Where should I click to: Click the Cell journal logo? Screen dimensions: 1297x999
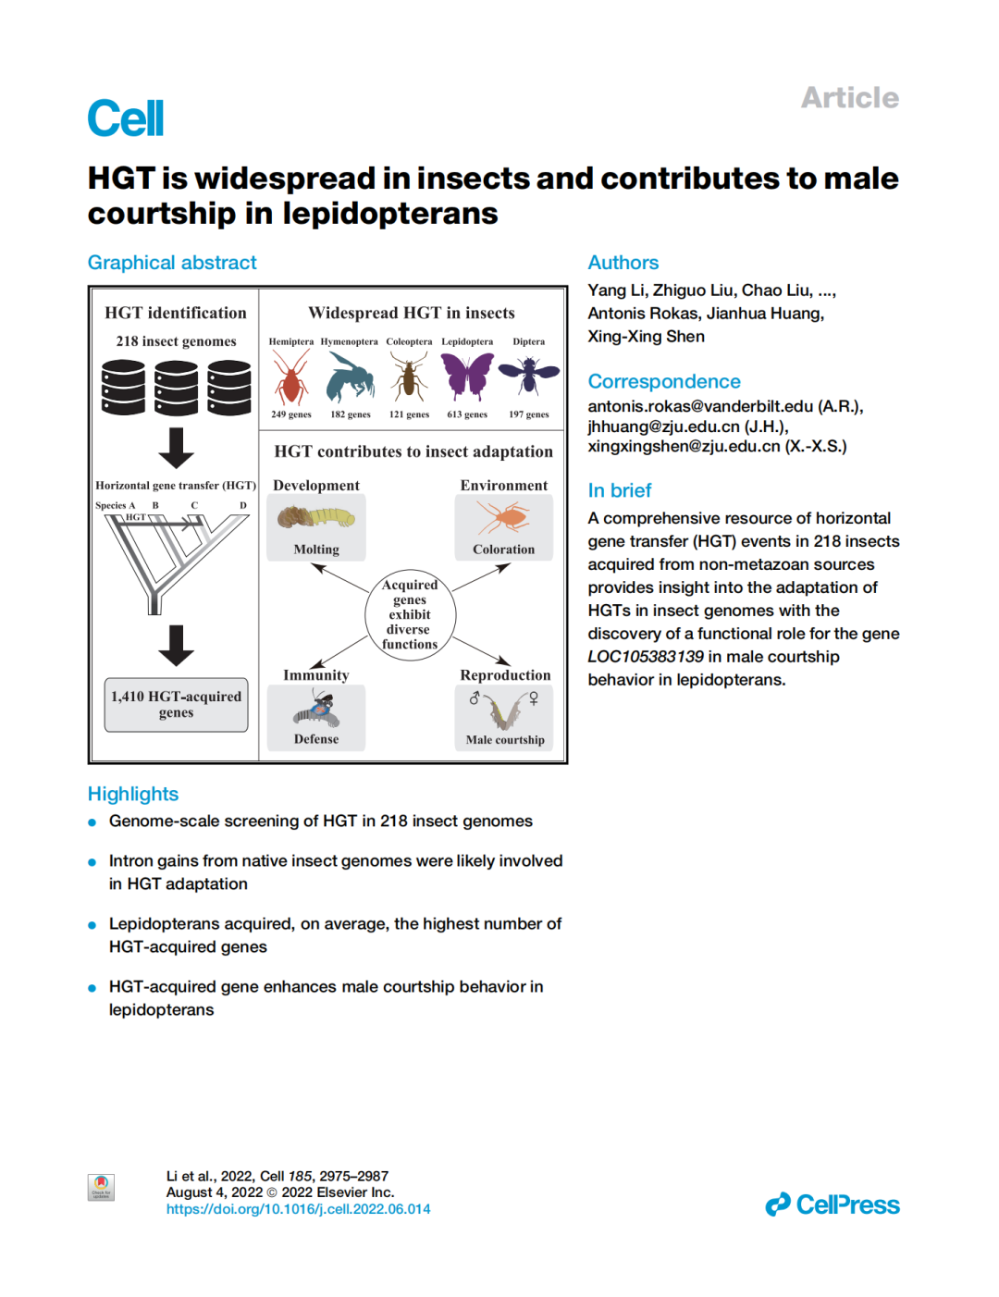[126, 118]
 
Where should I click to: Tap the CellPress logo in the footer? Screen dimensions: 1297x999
[832, 1204]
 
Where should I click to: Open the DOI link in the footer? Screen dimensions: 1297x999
[298, 1209]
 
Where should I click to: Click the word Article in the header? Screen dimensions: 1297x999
[849, 98]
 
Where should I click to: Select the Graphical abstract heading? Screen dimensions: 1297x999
[172, 263]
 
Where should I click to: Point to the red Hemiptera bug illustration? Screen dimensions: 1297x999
[290, 377]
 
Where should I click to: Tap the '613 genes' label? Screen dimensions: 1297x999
[467, 414]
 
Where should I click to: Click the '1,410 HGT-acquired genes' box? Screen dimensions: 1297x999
[176, 704]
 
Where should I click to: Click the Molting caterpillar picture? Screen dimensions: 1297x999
[316, 517]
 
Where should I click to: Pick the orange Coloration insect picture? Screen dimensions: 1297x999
[503, 517]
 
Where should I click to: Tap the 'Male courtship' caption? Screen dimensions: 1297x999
[505, 740]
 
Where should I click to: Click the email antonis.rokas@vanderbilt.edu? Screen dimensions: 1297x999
[700, 406]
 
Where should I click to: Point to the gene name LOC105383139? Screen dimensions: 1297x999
[646, 657]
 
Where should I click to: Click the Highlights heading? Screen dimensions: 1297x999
[133, 794]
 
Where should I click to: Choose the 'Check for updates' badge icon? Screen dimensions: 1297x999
[101, 1187]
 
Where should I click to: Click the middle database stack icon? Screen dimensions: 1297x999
[176, 388]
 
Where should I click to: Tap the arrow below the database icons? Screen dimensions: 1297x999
[176, 448]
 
